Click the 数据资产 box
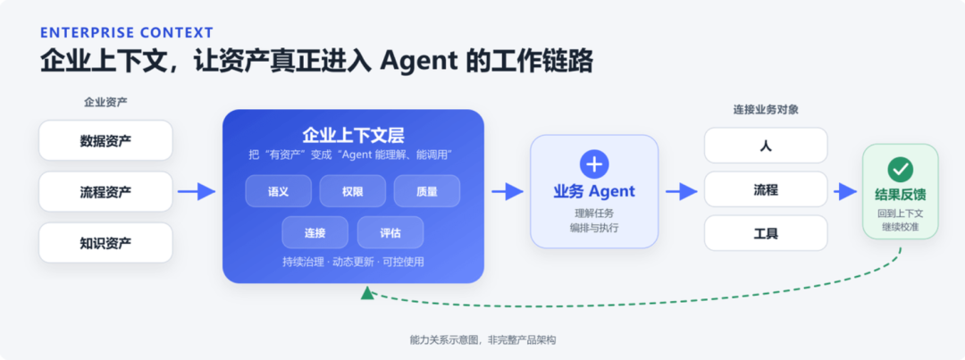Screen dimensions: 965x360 click(x=105, y=140)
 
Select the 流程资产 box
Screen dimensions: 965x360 click(x=105, y=192)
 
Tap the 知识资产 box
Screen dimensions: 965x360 click(x=105, y=242)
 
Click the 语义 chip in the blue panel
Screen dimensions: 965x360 click(x=278, y=191)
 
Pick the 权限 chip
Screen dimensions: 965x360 click(x=353, y=191)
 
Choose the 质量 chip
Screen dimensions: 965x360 click(x=427, y=191)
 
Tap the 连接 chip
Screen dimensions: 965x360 click(x=315, y=232)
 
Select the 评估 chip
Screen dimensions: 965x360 click(x=390, y=232)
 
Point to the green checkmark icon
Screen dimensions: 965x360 click(x=901, y=169)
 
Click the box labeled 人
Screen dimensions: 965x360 click(x=766, y=146)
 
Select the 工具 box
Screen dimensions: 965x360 click(x=766, y=233)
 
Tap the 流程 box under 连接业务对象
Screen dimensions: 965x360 click(x=766, y=189)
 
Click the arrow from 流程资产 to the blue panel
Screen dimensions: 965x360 click(x=197, y=192)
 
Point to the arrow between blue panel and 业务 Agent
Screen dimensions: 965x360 click(x=508, y=192)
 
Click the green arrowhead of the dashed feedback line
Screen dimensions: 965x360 click(x=367, y=293)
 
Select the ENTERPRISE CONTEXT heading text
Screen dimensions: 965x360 click(x=127, y=33)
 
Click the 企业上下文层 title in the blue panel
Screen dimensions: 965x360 click(x=353, y=136)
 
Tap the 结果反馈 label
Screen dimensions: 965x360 click(x=901, y=195)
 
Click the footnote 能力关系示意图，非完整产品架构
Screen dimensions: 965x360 click(x=482, y=339)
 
